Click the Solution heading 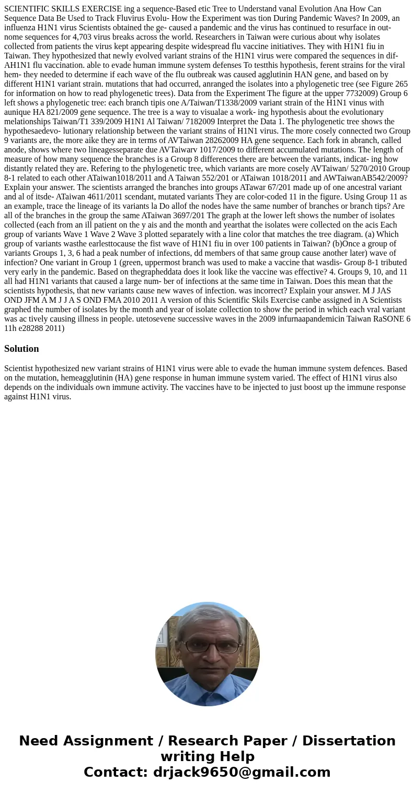coord(21,349)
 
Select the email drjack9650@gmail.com coord(241,772)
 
